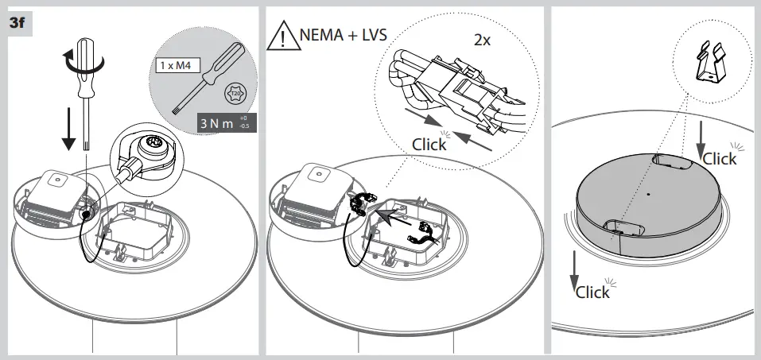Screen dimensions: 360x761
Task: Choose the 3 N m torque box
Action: click(x=226, y=124)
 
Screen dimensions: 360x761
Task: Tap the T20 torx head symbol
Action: click(x=235, y=95)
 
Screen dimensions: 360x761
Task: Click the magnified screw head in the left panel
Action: click(x=149, y=147)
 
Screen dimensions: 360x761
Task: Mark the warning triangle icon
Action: click(x=283, y=37)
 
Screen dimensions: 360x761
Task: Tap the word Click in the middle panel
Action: click(x=429, y=144)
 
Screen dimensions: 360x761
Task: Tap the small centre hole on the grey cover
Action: click(x=649, y=193)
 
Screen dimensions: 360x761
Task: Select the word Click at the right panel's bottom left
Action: click(x=592, y=292)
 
